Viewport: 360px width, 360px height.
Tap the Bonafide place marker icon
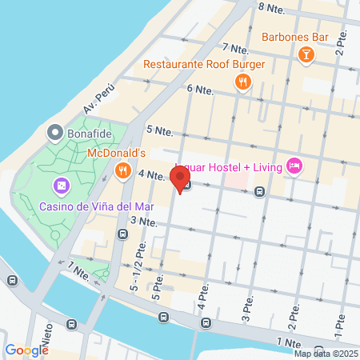coord(55,131)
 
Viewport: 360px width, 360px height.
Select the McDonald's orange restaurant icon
coord(122,170)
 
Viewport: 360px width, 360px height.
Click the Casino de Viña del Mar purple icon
coord(61,186)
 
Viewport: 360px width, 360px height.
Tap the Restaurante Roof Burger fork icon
coord(242,82)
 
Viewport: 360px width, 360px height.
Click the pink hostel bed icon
coord(294,166)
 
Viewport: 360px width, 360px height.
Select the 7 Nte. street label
coord(237,48)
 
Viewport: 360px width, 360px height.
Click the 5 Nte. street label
coord(159,130)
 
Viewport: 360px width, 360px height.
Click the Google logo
coord(26,350)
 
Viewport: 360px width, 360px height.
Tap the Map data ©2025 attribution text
coord(326,354)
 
